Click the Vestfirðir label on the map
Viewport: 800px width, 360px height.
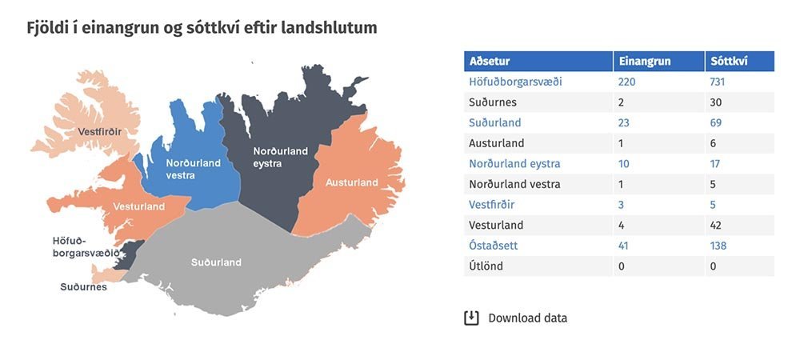click(x=99, y=132)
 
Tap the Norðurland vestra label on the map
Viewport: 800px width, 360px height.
click(x=194, y=170)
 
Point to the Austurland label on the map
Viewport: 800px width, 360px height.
click(x=352, y=182)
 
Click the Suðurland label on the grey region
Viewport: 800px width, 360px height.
click(x=216, y=262)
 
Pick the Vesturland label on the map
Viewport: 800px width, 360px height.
click(x=138, y=206)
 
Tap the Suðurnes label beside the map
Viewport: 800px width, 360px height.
click(x=84, y=287)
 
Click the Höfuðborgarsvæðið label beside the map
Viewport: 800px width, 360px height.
click(x=86, y=246)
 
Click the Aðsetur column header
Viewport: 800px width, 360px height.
click(x=490, y=62)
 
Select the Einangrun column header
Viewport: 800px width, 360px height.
click(x=645, y=62)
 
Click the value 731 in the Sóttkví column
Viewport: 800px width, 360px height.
click(x=718, y=82)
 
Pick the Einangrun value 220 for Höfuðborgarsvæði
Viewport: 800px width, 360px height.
click(x=627, y=82)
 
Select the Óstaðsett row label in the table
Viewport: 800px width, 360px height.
click(x=494, y=246)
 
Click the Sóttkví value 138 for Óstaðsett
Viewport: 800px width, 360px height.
click(x=718, y=246)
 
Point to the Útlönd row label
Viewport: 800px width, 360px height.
click(x=486, y=266)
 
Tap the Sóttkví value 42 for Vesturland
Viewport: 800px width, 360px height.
click(x=716, y=226)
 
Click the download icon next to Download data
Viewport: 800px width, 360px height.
click(x=471, y=318)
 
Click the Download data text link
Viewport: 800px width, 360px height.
click(x=527, y=318)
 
